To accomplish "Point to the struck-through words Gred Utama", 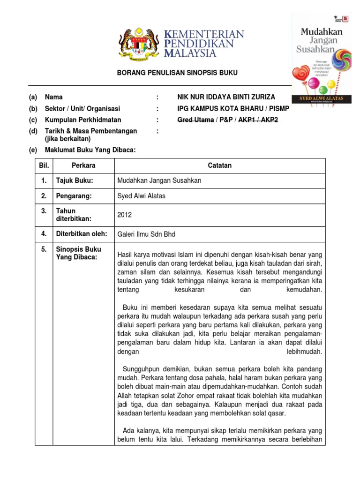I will coord(195,120).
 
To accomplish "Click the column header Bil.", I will coord(43,165).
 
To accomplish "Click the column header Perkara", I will coord(83,165).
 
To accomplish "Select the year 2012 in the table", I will coord(125,215).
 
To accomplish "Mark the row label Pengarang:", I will coord(74,196).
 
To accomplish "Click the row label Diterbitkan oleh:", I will coord(82,233).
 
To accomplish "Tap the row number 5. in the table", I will coord(44,249).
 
